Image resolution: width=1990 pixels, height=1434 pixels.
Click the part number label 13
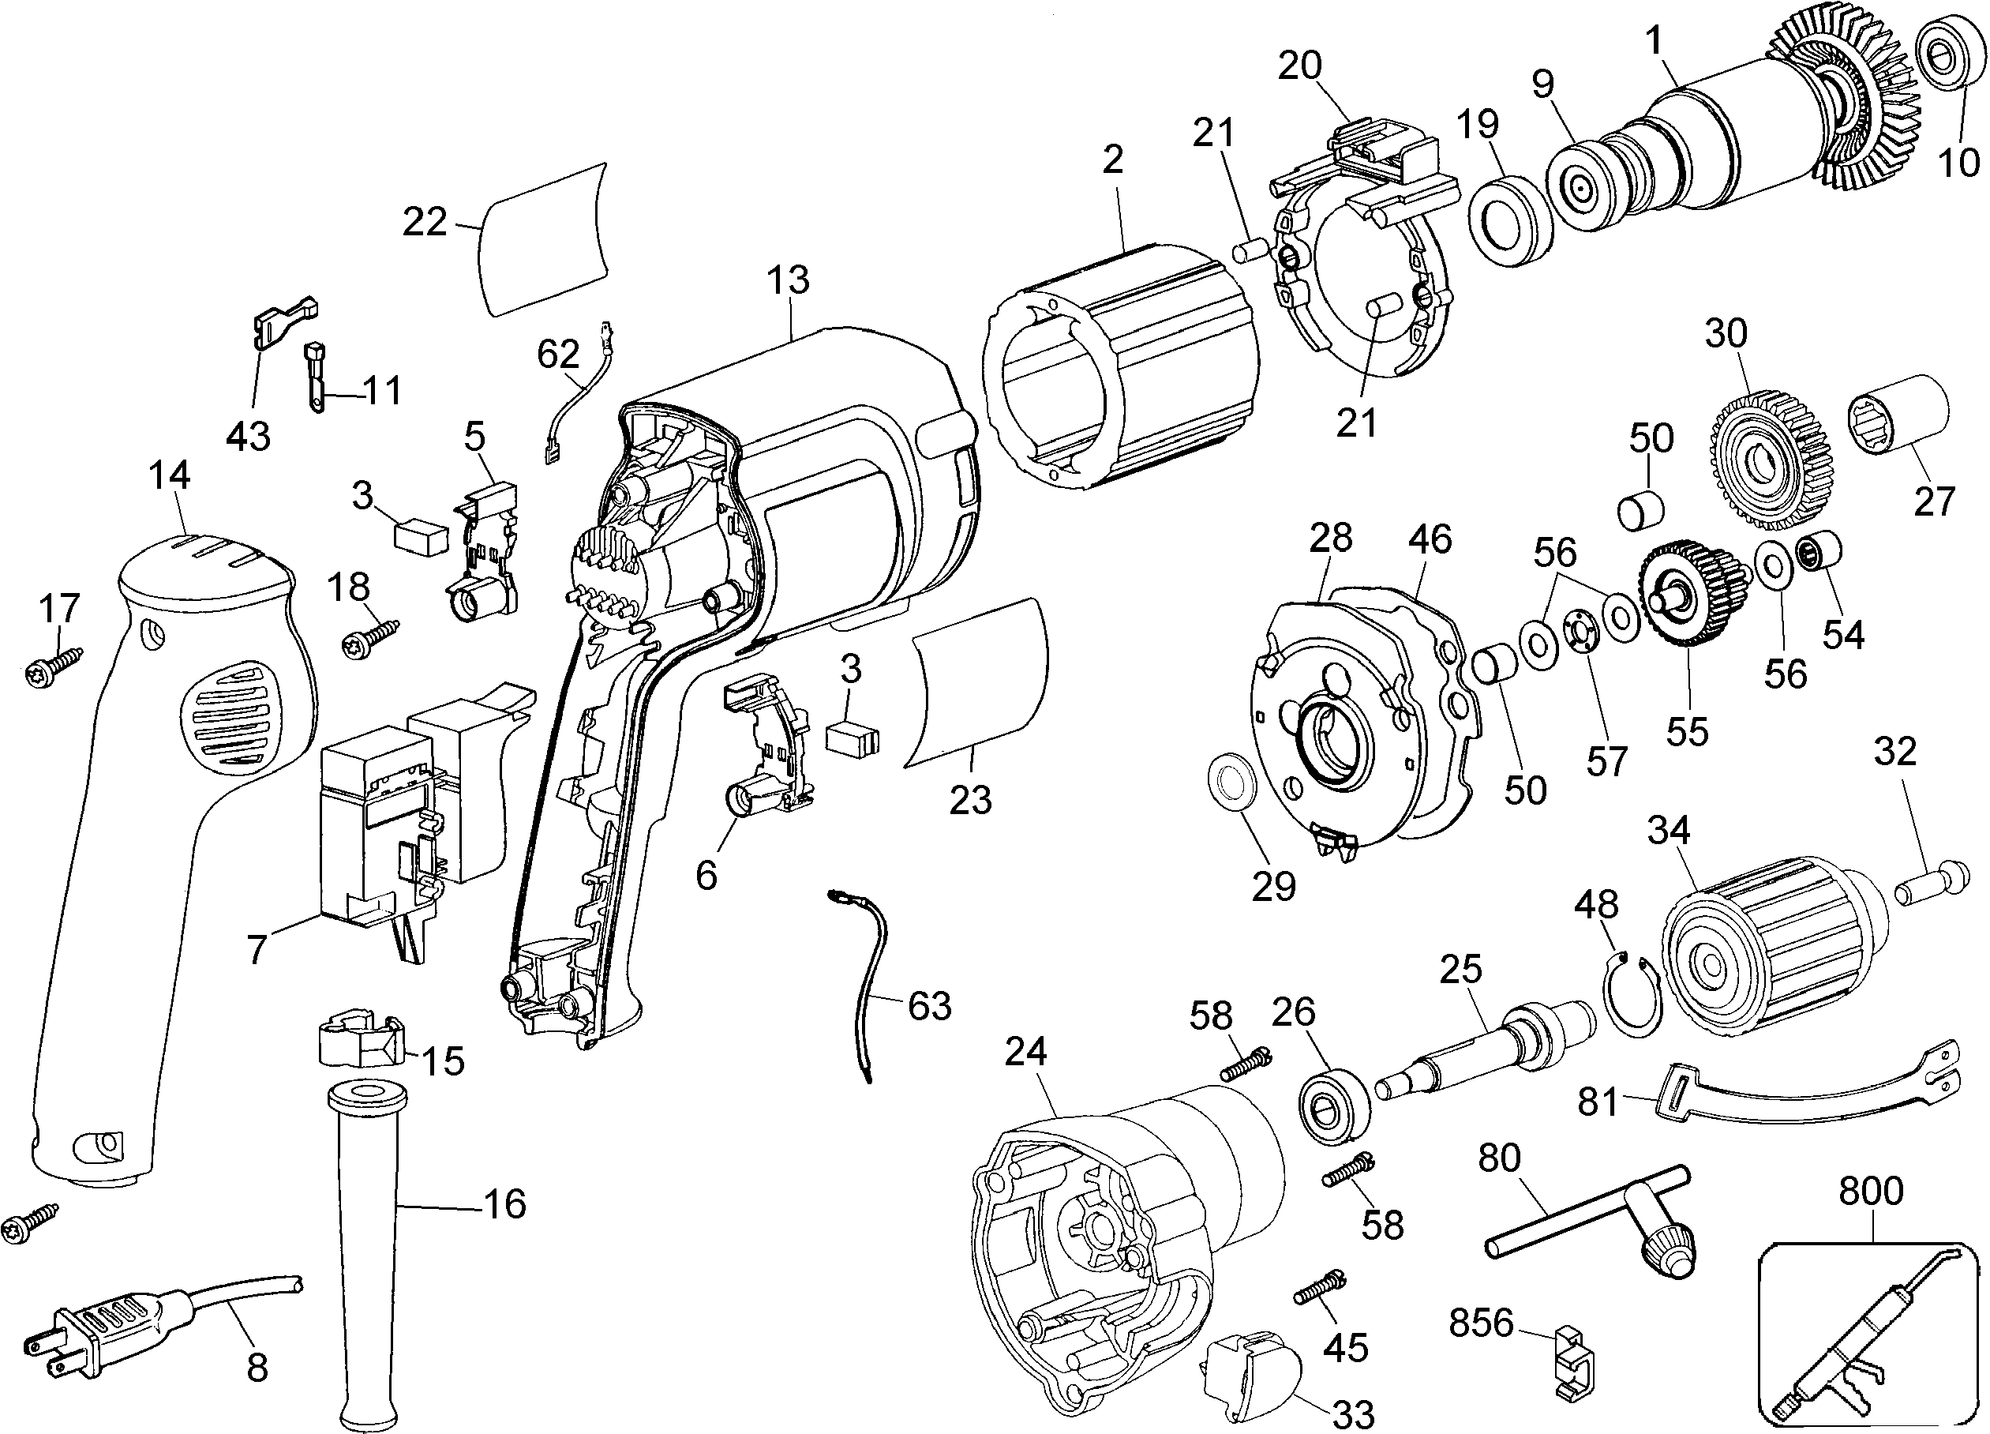point(787,280)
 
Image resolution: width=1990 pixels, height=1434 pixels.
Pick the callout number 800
point(1871,1191)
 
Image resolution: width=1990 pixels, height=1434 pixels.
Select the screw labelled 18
point(369,638)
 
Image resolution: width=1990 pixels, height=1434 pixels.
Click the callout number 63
point(928,1006)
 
